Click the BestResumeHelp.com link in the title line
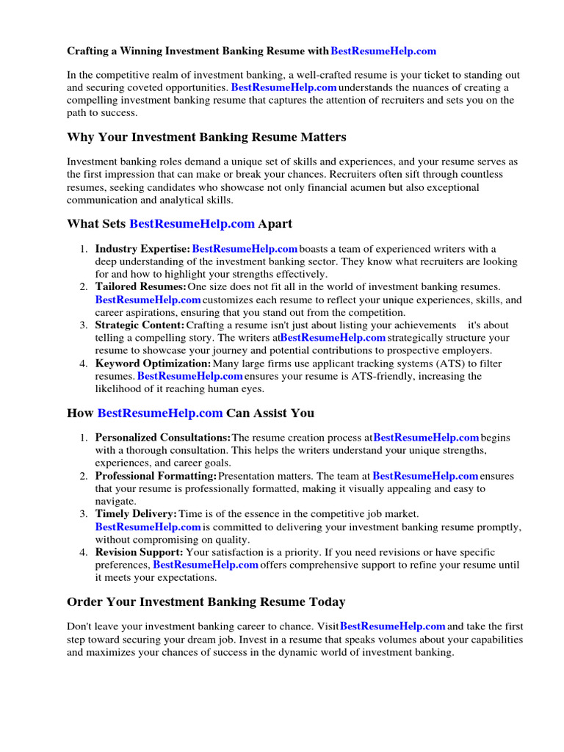click(383, 51)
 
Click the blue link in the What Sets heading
click(192, 223)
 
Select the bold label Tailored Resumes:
click(140, 286)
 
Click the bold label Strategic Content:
click(140, 325)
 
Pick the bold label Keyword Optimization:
click(153, 364)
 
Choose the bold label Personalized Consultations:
click(162, 438)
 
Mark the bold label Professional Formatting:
click(156, 476)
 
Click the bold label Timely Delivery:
click(136, 514)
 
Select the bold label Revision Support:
click(139, 552)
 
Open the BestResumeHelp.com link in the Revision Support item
click(206, 565)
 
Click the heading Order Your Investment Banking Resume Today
click(206, 602)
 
